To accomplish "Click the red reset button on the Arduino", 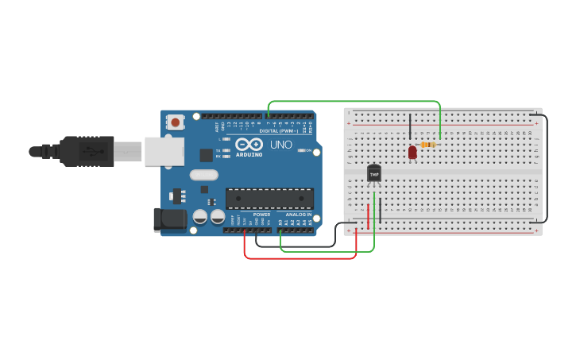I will pos(175,122).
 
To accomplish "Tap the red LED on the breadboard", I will pos(412,152).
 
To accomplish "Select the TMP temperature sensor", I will pos(374,173).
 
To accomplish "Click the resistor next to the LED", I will pos(428,145).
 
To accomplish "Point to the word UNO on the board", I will pos(281,145).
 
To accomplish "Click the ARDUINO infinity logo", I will pos(249,145).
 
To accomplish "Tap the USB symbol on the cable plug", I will pos(94,150).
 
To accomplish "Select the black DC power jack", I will pos(170,220).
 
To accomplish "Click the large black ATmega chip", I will pos(269,199).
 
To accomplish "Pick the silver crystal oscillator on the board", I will pos(204,175).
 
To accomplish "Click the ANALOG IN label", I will pos(299,215).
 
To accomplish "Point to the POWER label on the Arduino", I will pos(261,215).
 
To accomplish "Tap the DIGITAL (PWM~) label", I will pos(278,131).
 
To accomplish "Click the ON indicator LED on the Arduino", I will pos(300,150).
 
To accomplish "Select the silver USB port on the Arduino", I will pos(164,151).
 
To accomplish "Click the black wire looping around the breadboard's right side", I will pos(547,167).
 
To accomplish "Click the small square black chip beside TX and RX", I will pos(206,155).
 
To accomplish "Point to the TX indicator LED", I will pos(226,149).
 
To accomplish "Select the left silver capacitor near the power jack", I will pos(200,216).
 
